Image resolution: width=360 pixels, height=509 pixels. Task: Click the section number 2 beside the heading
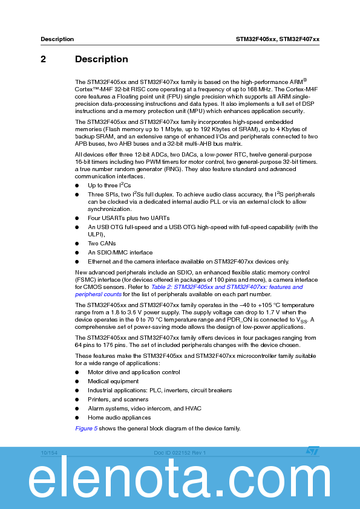point(44,59)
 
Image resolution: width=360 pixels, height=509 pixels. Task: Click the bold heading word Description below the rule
point(101,59)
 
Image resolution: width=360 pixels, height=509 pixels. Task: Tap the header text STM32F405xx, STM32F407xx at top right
point(277,39)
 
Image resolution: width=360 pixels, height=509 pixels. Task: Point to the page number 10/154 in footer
point(49,453)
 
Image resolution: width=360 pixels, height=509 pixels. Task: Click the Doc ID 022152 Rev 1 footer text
point(180,453)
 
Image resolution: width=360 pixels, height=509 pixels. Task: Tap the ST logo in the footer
point(312,452)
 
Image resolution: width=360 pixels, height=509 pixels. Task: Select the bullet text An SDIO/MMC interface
point(120,253)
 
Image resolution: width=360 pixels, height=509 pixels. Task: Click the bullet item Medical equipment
point(113,381)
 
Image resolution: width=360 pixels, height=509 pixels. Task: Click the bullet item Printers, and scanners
point(118,400)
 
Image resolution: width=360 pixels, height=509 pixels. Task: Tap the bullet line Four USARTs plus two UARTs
point(129,218)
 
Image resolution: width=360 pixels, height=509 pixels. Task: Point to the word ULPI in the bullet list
point(96,234)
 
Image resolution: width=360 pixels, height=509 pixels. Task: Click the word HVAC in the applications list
point(193,409)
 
